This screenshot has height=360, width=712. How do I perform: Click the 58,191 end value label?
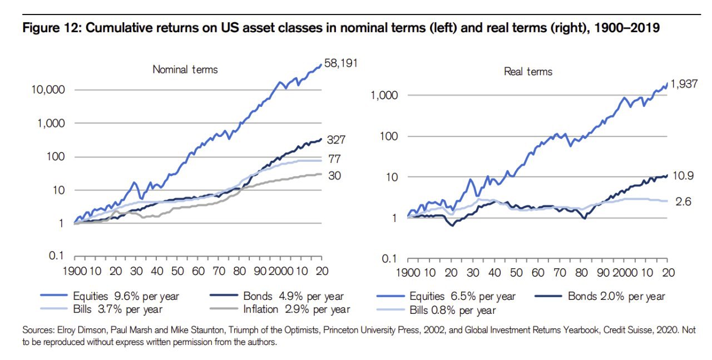click(x=340, y=64)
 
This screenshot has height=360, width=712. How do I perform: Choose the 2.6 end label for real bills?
click(x=684, y=202)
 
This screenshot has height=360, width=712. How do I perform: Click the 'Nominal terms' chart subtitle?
click(x=185, y=70)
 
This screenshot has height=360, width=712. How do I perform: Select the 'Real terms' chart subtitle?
click(x=528, y=71)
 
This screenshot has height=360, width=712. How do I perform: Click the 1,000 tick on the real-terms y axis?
click(x=384, y=96)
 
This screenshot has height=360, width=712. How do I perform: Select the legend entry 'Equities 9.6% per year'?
click(x=126, y=296)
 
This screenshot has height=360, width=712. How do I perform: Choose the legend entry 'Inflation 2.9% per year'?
click(x=296, y=309)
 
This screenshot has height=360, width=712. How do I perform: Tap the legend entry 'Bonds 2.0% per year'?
click(x=616, y=296)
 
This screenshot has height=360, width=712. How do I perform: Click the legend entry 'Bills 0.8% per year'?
click(x=452, y=309)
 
